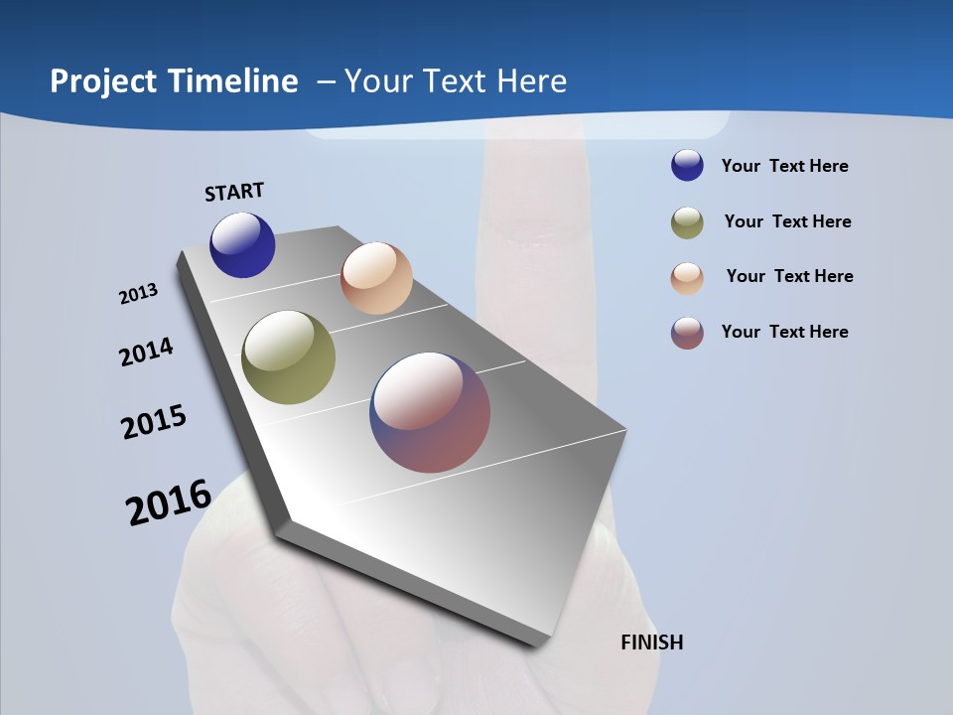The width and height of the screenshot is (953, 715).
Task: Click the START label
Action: pyautogui.click(x=234, y=192)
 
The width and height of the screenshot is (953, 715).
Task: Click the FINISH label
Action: pyautogui.click(x=651, y=643)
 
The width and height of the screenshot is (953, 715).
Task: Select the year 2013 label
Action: pyautogui.click(x=138, y=294)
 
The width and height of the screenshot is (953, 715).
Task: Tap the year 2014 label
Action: pyautogui.click(x=146, y=352)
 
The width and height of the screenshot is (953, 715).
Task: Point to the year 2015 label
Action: pyautogui.click(x=154, y=422)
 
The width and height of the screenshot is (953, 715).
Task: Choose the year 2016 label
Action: pyautogui.click(x=169, y=502)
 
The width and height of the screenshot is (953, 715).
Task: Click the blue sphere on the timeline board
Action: pyautogui.click(x=242, y=245)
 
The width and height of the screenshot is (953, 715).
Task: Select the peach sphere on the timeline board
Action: pyautogui.click(x=376, y=278)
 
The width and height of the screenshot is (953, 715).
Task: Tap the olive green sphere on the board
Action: pyautogui.click(x=289, y=357)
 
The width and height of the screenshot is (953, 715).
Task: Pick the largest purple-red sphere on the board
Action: pyautogui.click(x=430, y=412)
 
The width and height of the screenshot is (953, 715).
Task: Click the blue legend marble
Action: pyautogui.click(x=687, y=166)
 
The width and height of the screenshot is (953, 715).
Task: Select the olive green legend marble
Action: pyautogui.click(x=687, y=222)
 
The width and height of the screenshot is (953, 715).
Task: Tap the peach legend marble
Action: pyautogui.click(x=687, y=278)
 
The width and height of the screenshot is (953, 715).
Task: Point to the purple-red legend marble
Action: pyautogui.click(x=687, y=333)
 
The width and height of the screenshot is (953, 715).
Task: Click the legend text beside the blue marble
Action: pyautogui.click(x=784, y=166)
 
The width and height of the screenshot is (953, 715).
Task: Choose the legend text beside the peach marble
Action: pyautogui.click(x=789, y=276)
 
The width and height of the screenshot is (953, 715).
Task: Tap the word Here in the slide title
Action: pyautogui.click(x=531, y=81)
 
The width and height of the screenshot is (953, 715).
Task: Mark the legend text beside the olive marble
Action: pyautogui.click(x=787, y=221)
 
